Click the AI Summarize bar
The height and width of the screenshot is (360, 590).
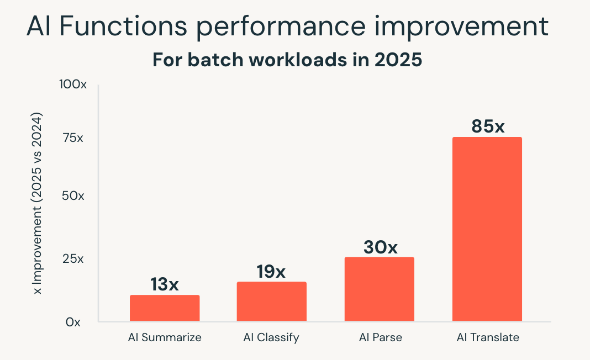pyautogui.click(x=165, y=308)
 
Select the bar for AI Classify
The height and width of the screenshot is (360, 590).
pyautogui.click(x=271, y=301)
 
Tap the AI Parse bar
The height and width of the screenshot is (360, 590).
pyautogui.click(x=379, y=289)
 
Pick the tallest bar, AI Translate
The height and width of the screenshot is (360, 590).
pyautogui.click(x=487, y=229)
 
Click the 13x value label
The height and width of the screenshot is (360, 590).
pyautogui.click(x=165, y=284)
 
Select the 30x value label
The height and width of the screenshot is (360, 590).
pyautogui.click(x=380, y=247)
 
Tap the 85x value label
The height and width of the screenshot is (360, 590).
pyautogui.click(x=488, y=126)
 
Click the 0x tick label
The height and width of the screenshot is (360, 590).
pyautogui.click(x=73, y=322)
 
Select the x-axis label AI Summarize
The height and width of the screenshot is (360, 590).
pyautogui.click(x=165, y=337)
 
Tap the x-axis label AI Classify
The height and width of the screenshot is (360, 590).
pyautogui.click(x=271, y=337)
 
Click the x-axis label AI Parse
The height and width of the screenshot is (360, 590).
pyautogui.click(x=379, y=337)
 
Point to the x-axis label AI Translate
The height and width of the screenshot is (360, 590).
pyautogui.click(x=488, y=337)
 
